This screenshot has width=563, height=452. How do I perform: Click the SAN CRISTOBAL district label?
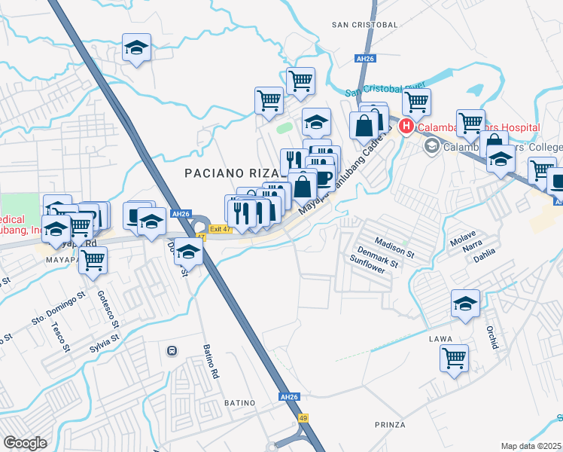click(x=364, y=25)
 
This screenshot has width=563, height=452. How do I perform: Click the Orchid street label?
click(x=492, y=337)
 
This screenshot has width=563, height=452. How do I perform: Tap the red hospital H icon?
click(x=406, y=127)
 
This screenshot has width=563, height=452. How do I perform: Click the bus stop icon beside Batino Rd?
click(x=172, y=350)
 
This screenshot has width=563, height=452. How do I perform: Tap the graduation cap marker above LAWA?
click(x=465, y=304)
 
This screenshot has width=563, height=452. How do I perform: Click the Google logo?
click(x=26, y=443)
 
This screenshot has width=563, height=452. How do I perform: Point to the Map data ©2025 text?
click(x=531, y=446)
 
